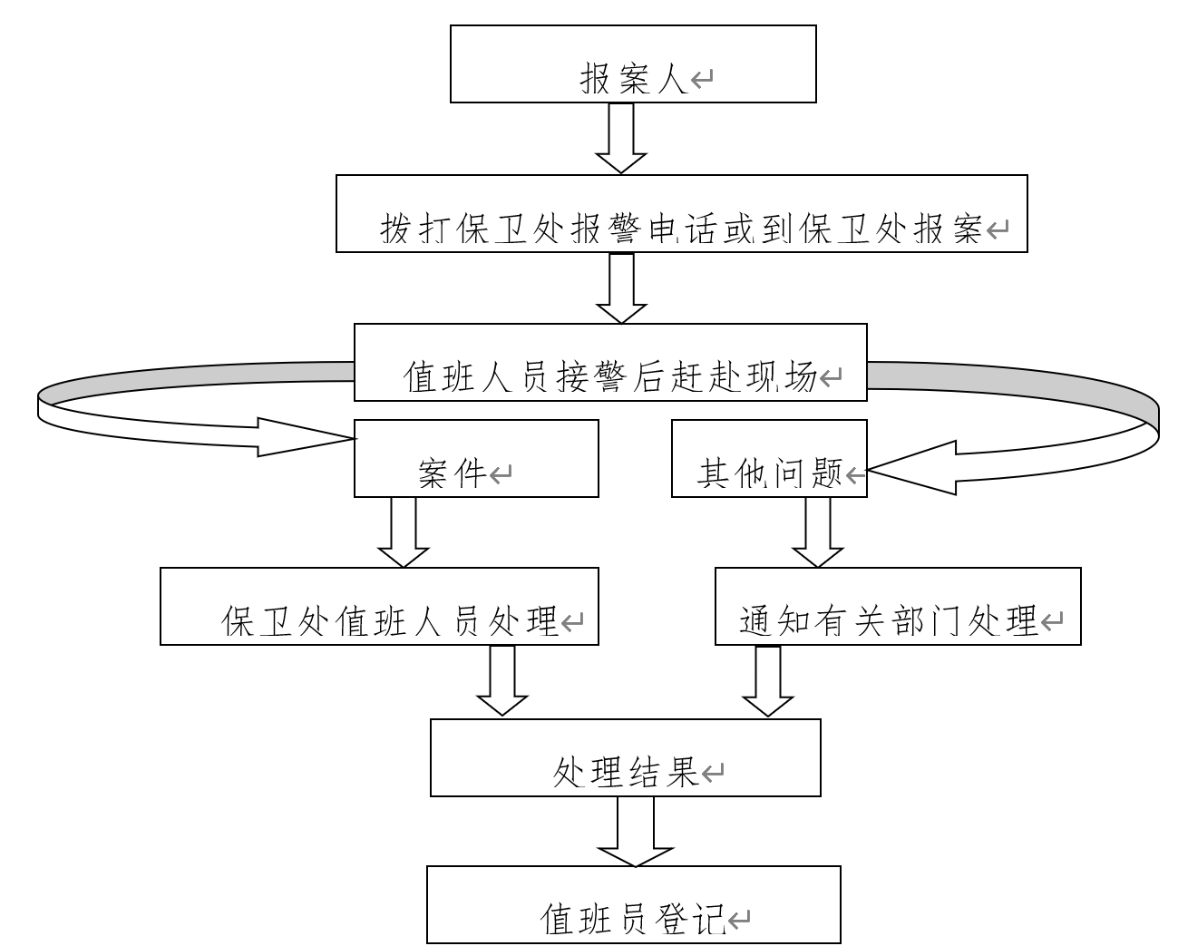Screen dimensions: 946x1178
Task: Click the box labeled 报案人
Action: tap(633, 63)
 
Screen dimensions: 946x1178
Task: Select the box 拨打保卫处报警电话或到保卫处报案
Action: tap(681, 214)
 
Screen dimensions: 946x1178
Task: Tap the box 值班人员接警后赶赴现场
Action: tap(610, 362)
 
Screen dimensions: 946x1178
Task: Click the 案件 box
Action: tap(476, 458)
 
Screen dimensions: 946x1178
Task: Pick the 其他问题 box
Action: tap(769, 458)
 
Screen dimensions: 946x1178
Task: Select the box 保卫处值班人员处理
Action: tap(379, 606)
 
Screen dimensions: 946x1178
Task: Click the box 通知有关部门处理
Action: tap(898, 606)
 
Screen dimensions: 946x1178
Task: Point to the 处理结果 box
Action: tap(625, 757)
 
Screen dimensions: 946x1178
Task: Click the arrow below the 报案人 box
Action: tap(621, 137)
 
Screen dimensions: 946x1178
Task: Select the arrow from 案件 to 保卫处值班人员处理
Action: tap(403, 532)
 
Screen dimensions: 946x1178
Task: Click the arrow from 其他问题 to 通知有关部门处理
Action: tap(817, 532)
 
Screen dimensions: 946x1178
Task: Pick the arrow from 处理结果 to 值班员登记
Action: tap(635, 832)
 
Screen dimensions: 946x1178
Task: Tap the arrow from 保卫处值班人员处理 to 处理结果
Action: tap(501, 681)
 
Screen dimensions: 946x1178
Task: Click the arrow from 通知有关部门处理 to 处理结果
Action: tap(767, 681)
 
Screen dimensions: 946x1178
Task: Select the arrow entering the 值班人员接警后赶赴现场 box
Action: tap(621, 288)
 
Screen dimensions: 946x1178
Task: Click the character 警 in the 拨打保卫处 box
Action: tap(623, 230)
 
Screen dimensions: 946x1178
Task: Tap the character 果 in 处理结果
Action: tap(681, 773)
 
